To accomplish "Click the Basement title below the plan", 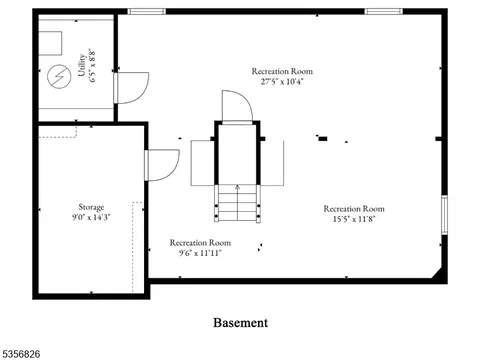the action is coord(240,323).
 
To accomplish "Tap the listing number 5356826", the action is coord(21,354).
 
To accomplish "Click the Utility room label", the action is coord(82,65).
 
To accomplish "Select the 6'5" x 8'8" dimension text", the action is coord(92,65).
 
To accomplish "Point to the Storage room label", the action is coord(91,207).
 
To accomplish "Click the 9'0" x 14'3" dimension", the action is coord(91,217).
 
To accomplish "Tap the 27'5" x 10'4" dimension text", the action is coord(282,82).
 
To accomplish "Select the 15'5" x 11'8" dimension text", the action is coord(354,219).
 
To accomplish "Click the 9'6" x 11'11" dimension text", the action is coord(200,253).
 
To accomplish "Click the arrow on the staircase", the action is coord(237,202).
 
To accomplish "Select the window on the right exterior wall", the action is coord(444,215).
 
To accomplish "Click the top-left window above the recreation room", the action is coord(147,12).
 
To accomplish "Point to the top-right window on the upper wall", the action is coord(384,12).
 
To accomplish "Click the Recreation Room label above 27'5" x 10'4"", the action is coord(282,71).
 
